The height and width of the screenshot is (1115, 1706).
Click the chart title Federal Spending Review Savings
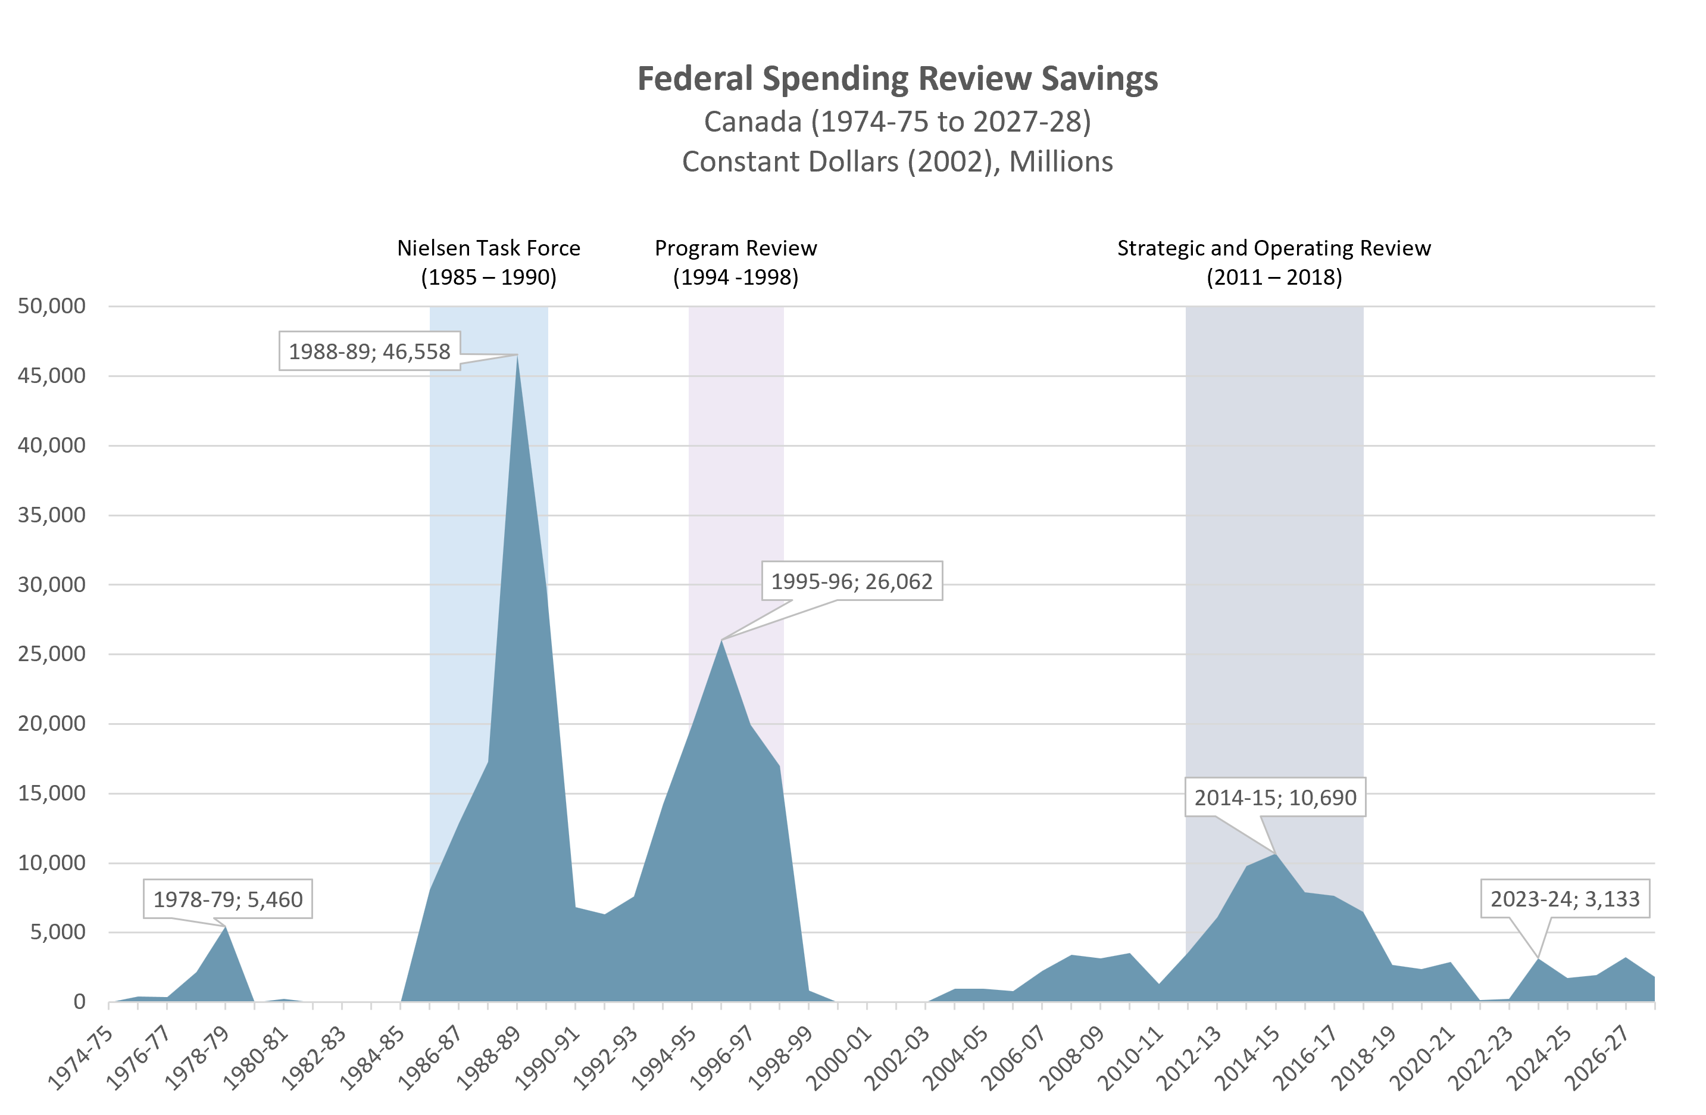point(898,79)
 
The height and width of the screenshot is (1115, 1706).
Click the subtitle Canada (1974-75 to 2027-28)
point(898,122)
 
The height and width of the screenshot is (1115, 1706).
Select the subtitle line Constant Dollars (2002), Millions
point(898,162)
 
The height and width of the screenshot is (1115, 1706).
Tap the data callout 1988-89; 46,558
point(369,351)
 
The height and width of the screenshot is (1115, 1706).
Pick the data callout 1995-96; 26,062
point(852,581)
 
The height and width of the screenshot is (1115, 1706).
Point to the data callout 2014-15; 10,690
point(1275,798)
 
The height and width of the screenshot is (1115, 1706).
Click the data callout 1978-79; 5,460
point(228,899)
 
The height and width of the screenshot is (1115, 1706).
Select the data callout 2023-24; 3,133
point(1565,899)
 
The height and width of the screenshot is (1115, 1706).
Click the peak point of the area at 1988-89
point(517,355)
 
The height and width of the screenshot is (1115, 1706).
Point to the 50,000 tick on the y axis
point(52,306)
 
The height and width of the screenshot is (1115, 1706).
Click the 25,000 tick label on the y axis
point(52,654)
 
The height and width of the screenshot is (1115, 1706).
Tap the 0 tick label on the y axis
point(79,1002)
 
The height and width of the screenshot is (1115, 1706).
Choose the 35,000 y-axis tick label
point(52,515)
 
